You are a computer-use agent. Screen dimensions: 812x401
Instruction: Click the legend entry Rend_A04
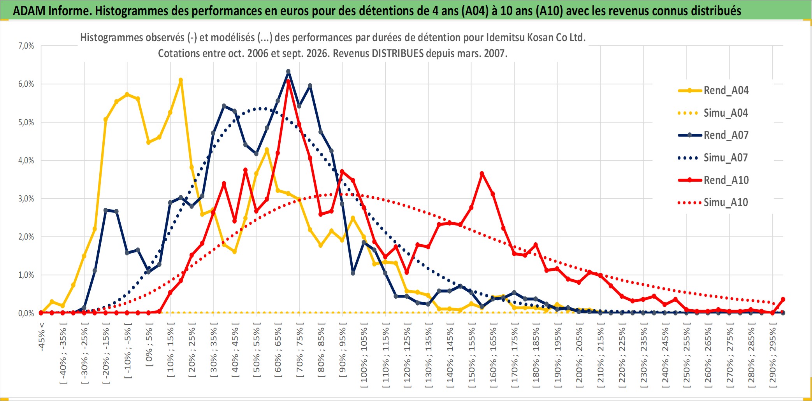coord(713,90)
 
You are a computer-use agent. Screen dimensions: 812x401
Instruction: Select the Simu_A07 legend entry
coord(713,158)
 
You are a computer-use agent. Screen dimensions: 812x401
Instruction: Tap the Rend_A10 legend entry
coord(713,180)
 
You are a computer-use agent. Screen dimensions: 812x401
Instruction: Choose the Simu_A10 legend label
coord(726,202)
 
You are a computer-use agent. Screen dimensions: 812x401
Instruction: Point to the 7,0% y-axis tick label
coord(26,46)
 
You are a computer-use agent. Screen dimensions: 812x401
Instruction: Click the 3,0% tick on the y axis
coord(26,199)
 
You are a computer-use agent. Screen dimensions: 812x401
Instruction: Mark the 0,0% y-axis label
coord(26,313)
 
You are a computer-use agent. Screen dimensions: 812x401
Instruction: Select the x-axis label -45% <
coord(42,337)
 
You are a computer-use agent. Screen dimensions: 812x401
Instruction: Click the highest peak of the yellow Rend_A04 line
coord(181,81)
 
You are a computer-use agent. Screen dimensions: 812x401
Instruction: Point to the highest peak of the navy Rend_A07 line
coord(288,72)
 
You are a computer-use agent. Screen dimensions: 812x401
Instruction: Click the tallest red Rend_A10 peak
coord(288,82)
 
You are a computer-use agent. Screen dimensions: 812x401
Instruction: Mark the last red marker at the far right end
coord(783,299)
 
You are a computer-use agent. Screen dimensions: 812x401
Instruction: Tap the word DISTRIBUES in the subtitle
coord(397,53)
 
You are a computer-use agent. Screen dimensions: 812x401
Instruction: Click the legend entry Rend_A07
coord(713,135)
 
